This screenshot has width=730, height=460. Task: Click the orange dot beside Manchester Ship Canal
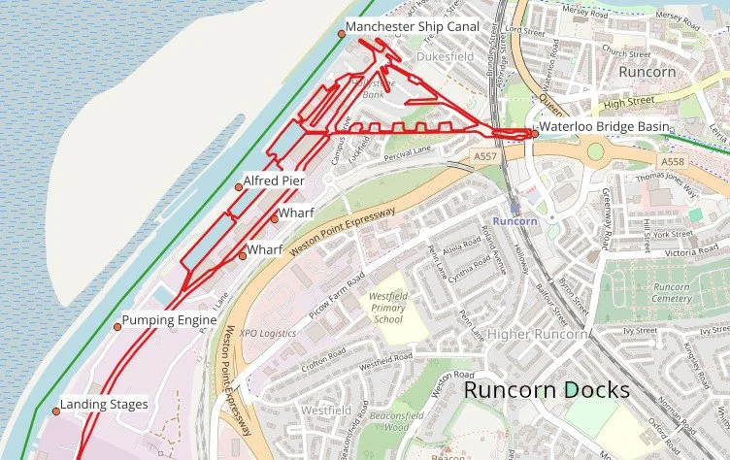click(x=342, y=34)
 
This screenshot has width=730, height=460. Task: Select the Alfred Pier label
click(x=274, y=181)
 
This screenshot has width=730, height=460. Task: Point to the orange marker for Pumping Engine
click(x=117, y=327)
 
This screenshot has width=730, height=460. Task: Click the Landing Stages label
click(x=104, y=404)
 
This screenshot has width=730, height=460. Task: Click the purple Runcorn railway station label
click(x=514, y=220)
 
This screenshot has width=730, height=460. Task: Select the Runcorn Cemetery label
click(x=671, y=293)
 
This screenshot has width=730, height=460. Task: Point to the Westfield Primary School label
click(x=387, y=308)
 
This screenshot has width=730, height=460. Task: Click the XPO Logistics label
click(x=268, y=333)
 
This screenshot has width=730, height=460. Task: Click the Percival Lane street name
click(x=408, y=149)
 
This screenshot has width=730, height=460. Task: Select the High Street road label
click(x=624, y=101)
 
